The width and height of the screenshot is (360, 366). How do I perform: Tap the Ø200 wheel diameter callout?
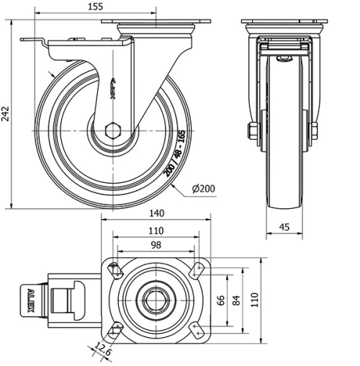pyautogui.click(x=204, y=189)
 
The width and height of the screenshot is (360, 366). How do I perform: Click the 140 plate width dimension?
pyautogui.click(x=156, y=213)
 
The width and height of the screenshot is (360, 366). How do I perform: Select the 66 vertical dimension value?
pyautogui.click(x=221, y=299)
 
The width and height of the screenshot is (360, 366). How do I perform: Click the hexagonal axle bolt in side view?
pyautogui.click(x=111, y=131)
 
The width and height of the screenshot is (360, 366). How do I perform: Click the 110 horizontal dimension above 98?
pyautogui.click(x=154, y=231)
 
